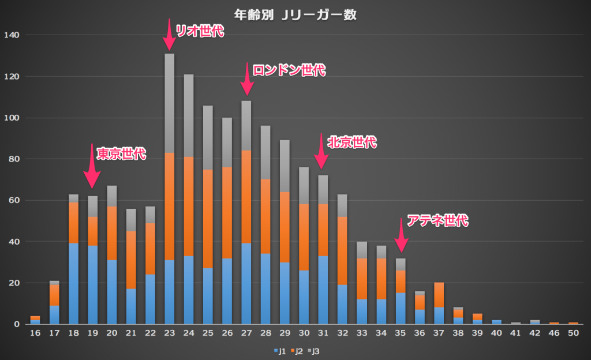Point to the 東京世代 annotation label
121,154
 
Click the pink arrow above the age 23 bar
169,35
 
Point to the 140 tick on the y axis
12,35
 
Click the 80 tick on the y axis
14,159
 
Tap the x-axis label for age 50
573,333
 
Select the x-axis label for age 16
35,333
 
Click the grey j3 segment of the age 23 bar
169,103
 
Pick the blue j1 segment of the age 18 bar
73,283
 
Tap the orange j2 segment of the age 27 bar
246,197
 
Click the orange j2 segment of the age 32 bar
343,251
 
